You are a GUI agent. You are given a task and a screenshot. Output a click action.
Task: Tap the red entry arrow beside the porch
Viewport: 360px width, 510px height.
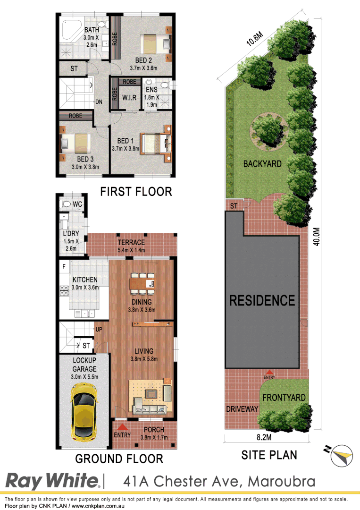tap(122, 427)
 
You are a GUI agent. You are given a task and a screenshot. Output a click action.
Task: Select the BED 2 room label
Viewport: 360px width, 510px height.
tap(143, 60)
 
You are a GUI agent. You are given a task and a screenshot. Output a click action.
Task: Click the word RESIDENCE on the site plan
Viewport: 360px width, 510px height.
tap(262, 300)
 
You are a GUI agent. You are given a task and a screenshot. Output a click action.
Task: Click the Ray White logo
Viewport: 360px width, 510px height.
tap(52, 481)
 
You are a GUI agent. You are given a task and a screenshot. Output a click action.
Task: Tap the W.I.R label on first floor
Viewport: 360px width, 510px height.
tap(129, 98)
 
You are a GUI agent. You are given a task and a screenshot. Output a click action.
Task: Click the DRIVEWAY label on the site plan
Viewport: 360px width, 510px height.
tap(242, 408)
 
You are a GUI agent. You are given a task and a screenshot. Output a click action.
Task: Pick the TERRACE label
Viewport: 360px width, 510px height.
tap(131, 243)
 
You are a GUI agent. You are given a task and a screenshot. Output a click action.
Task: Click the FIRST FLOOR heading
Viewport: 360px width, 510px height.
tap(135, 191)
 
